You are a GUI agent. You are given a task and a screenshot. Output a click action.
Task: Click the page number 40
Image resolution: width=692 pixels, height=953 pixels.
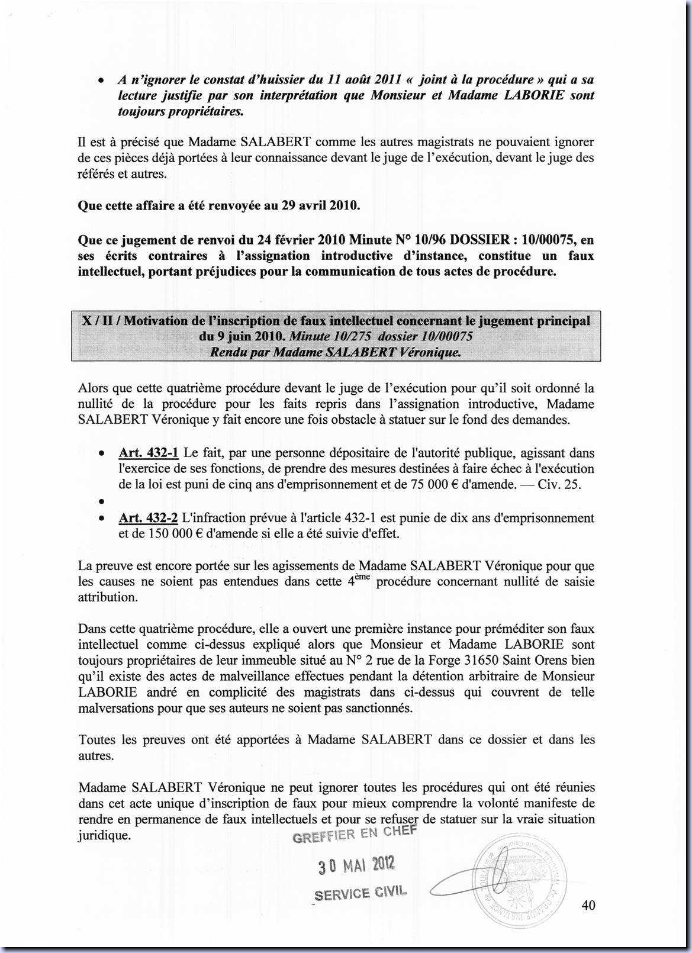click(x=588, y=905)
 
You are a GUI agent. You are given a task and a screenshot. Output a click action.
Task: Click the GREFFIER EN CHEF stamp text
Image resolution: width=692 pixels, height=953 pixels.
click(x=355, y=834)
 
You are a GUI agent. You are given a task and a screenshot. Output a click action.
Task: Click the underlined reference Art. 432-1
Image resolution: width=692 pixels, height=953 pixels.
click(x=149, y=453)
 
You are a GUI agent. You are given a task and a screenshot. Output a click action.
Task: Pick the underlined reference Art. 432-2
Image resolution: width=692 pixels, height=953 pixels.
click(x=149, y=518)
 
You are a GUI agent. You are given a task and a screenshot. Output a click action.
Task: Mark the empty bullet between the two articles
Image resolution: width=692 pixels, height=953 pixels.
click(x=102, y=502)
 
